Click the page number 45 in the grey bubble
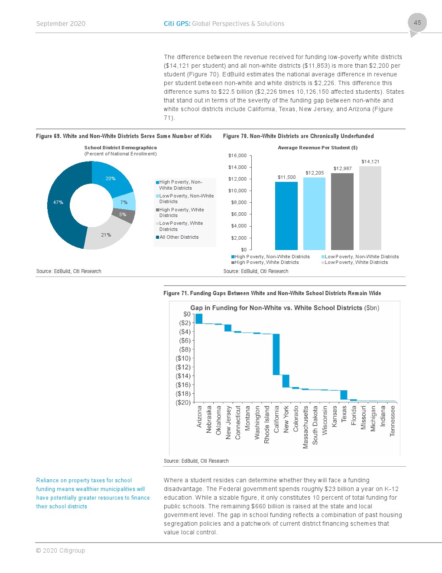[x=417, y=23]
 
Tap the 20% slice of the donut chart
[x=110, y=178]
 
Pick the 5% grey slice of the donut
[x=123, y=214]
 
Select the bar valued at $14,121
[x=370, y=208]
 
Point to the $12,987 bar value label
[x=342, y=168]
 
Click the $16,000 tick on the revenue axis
[x=237, y=155]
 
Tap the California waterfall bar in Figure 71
[x=276, y=354]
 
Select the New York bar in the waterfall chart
[x=286, y=381]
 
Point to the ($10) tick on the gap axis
[x=183, y=358]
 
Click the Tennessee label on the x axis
[x=393, y=421]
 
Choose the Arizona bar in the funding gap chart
[x=199, y=319]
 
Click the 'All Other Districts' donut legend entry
[x=179, y=237]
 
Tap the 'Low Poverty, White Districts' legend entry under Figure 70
[x=356, y=262]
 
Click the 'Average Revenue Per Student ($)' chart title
[x=318, y=148]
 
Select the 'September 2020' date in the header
[x=61, y=23]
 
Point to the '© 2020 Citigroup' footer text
[x=61, y=550]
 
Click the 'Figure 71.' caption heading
[x=175, y=293]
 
